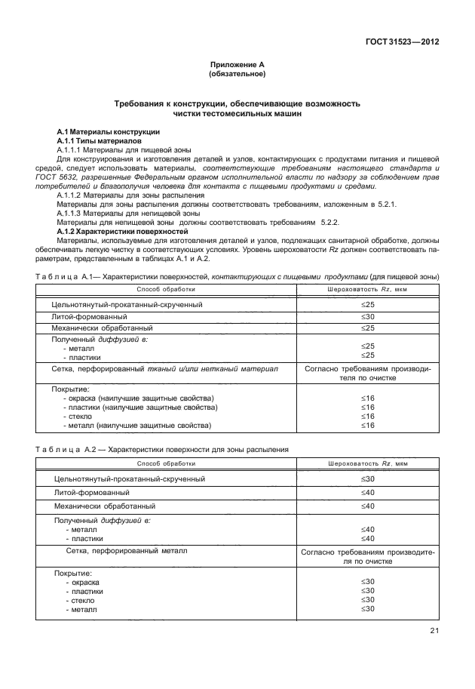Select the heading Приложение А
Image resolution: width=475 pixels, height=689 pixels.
tap(237, 66)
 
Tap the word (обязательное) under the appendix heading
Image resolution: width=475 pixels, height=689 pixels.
tap(237, 75)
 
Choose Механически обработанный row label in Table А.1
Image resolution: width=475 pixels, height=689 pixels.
tap(103, 328)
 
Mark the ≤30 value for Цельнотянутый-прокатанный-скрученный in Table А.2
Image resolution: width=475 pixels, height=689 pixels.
tap(368, 479)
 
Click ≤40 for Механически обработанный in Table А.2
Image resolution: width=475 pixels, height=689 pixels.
tap(368, 506)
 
